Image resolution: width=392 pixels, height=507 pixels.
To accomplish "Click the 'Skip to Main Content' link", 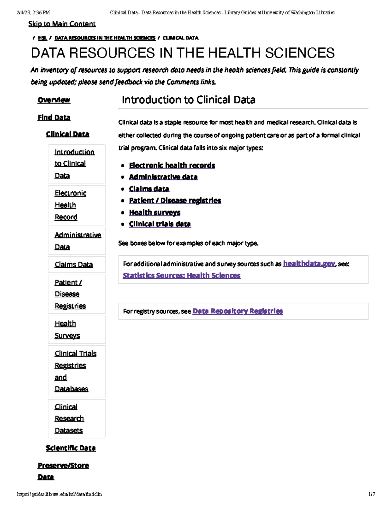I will (x=62, y=24).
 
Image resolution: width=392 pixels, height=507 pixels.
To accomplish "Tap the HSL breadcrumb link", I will (x=42, y=38).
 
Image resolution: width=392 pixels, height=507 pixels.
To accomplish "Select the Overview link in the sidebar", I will (x=54, y=100).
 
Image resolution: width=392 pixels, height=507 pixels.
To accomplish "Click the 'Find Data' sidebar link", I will (x=54, y=117).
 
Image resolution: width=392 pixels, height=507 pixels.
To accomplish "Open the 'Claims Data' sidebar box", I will (x=74, y=264).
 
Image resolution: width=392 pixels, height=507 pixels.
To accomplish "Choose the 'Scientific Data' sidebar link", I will (x=71, y=448).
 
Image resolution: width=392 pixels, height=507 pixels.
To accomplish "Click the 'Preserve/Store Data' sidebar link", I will (x=63, y=466).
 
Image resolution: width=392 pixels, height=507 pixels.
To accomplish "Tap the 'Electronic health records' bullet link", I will (x=172, y=165).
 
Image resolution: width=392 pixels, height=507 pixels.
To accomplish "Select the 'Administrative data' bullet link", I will (x=163, y=177).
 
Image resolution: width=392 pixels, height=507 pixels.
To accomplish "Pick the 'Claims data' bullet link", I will (x=149, y=189).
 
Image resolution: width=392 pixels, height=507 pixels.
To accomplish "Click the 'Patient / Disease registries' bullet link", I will (x=175, y=200).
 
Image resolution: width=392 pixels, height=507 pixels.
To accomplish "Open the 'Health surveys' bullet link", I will (x=155, y=212).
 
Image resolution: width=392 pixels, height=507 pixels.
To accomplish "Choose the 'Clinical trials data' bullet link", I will (x=160, y=224).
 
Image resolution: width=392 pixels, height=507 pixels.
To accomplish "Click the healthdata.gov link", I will (x=309, y=263).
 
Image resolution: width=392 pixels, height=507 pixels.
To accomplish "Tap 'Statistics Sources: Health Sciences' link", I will (x=182, y=276).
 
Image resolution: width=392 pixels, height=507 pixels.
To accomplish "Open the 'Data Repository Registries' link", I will (x=238, y=311).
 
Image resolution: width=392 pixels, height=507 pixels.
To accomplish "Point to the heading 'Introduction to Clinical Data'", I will (x=188, y=100).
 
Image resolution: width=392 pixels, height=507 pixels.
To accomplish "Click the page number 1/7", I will (x=372, y=494).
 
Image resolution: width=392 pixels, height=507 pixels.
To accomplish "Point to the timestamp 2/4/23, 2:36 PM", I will (x=33, y=13).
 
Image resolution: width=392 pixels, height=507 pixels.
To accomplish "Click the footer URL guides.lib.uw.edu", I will (x=59, y=494).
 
